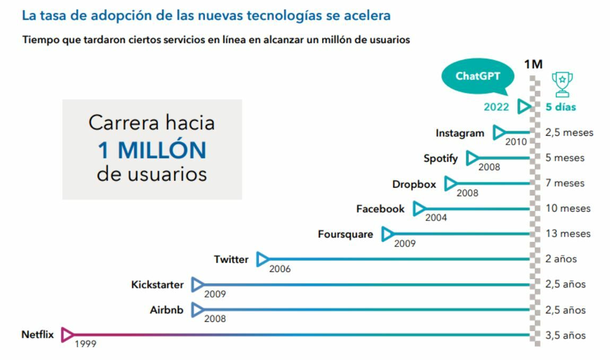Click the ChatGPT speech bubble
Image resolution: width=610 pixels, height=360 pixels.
pos(478,76)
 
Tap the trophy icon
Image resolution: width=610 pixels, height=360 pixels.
pos(562,84)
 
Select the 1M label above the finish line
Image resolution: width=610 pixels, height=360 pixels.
pos(533,64)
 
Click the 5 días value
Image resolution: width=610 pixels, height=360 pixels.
pos(561,107)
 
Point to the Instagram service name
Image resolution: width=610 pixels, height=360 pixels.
pos(460,133)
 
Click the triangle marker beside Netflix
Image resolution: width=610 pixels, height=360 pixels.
pos(67,335)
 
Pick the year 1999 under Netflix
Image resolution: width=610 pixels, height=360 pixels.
pos(85,344)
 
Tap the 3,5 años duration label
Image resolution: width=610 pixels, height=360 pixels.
pos(565,335)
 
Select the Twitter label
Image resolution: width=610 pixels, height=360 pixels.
pos(231,259)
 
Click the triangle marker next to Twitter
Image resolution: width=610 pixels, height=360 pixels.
pos(263,259)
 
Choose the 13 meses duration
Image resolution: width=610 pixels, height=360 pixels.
pos(568,234)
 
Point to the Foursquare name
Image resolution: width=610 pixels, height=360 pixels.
pos(345,234)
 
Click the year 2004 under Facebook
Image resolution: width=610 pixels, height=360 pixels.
pos(436,218)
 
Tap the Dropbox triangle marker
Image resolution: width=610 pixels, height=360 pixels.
pos(451,183)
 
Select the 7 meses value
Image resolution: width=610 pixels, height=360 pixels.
pos(565,183)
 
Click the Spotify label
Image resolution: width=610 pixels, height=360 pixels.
pos(441,159)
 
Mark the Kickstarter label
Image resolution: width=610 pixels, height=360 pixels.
pos(158,285)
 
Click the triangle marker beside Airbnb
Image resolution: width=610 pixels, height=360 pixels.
pos(198,310)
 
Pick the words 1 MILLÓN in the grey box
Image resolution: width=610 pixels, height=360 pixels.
pos(152,150)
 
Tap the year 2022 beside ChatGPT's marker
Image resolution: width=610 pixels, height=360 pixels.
pos(496,107)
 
